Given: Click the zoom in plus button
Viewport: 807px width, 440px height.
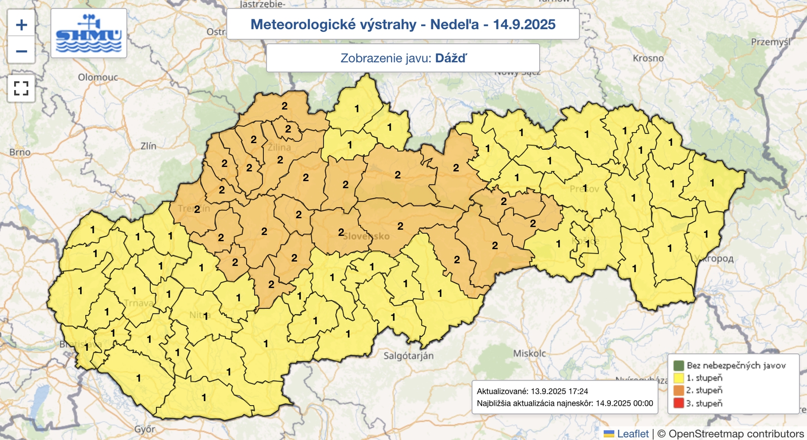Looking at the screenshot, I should [x=21, y=24].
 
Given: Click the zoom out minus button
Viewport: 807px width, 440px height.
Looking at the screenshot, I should [x=21, y=51].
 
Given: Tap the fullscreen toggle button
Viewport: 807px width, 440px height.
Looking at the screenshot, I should [x=21, y=88].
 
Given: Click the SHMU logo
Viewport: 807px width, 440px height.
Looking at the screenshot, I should [x=89, y=33].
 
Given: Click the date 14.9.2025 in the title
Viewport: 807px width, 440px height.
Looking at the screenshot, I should [x=524, y=24].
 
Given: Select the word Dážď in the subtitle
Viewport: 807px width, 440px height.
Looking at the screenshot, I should [x=451, y=58].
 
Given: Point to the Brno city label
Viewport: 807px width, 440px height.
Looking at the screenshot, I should [x=20, y=152].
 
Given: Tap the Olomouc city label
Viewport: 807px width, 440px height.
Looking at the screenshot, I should [x=98, y=77].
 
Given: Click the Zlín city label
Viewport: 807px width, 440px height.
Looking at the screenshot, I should [x=148, y=146].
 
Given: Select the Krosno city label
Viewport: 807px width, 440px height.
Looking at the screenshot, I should [x=648, y=58].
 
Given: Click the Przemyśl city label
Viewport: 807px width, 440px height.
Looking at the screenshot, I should [x=770, y=42].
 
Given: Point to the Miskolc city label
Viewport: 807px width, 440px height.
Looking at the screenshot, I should [x=530, y=353].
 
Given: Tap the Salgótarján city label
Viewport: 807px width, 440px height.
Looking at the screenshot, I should [x=409, y=355].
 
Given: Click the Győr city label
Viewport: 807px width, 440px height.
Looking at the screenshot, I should [x=145, y=429].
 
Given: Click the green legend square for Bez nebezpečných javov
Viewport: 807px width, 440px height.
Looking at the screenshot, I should [x=678, y=365].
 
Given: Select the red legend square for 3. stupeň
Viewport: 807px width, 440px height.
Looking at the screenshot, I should [x=678, y=403].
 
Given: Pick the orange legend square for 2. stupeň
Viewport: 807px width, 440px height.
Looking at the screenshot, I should [x=678, y=390].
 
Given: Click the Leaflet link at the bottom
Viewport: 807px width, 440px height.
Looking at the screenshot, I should [x=632, y=433].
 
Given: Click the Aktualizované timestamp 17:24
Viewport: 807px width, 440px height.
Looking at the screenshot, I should [x=578, y=391].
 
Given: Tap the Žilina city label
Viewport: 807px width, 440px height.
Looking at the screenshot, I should [x=280, y=147].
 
